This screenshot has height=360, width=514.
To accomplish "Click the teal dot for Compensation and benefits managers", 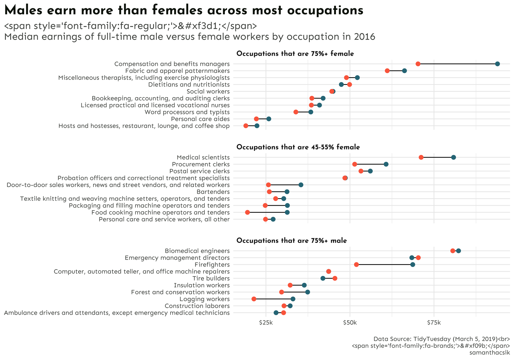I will click(497, 64).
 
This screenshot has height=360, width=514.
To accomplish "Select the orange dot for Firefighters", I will click(356, 265).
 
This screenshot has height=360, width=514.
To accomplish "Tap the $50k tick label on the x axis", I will click(350, 323).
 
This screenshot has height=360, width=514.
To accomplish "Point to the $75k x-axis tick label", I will click(434, 323).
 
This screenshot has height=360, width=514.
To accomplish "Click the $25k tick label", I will click(266, 323).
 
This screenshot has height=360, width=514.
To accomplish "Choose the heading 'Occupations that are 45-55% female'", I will click(298, 147).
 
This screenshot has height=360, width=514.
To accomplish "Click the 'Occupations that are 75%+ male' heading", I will click(292, 241).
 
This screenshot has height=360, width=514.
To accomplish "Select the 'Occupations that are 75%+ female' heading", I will click(295, 54).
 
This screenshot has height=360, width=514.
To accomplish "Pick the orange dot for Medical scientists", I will click(421, 157).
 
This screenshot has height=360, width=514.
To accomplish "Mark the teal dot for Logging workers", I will click(293, 299).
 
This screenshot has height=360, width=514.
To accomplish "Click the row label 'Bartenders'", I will click(213, 192).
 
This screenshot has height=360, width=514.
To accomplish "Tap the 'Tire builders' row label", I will click(211, 278).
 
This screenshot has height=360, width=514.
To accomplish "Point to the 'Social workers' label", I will click(208, 91).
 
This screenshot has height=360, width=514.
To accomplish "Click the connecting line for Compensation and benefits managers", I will click(458, 64).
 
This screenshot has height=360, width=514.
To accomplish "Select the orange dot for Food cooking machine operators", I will click(247, 212).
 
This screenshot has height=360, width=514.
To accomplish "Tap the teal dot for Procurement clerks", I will click(386, 164).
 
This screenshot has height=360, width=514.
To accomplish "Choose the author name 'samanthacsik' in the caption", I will click(490, 352).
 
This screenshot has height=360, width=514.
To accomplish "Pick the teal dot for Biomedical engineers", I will click(459, 251).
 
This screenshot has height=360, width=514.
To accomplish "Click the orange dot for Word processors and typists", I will click(296, 112).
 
